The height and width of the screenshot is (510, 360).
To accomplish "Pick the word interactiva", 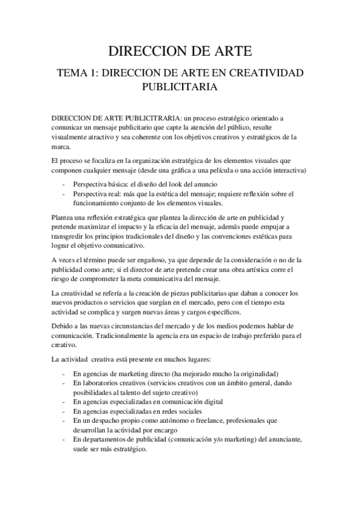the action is pos(287,171).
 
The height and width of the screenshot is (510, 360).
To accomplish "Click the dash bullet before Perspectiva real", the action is pos(63,194).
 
